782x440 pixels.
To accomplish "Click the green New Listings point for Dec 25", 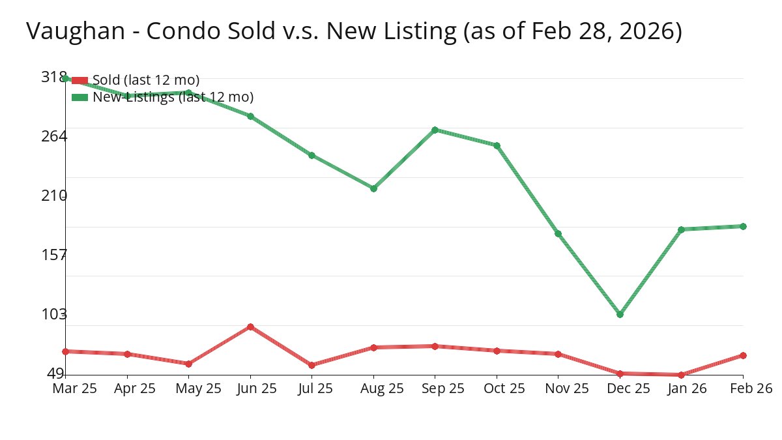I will point(620,314).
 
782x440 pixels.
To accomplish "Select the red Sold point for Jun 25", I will point(250,327).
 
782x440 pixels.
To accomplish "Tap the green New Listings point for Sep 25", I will point(435,130).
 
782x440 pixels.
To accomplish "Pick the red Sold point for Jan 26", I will point(681,375).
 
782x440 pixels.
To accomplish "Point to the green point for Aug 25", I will point(373,188).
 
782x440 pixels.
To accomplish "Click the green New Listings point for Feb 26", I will point(743,226).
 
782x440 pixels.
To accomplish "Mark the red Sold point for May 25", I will point(188,364).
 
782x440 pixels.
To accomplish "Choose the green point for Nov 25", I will point(558,233).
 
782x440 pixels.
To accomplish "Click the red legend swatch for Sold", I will point(80,80).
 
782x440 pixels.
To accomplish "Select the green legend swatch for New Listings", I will point(80,97).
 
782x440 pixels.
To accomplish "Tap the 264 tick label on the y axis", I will point(53,136).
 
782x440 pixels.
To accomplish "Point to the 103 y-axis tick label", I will point(53,314).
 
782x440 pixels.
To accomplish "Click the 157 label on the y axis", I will point(53,254).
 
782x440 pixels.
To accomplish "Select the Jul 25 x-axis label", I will point(311,389).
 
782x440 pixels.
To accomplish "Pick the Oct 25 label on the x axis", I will point(497,389).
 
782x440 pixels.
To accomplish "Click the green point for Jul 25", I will point(311,155).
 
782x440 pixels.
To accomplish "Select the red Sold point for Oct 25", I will point(497,351).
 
